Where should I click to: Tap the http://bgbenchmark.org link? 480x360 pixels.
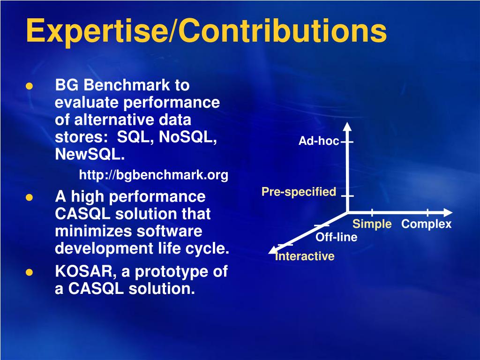(154, 175)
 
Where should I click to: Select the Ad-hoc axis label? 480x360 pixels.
(319, 141)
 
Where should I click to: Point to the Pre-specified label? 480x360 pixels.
(299, 192)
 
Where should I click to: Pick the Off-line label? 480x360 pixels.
(337, 237)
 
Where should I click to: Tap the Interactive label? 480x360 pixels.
(305, 256)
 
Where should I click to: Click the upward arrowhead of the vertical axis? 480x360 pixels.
(347, 127)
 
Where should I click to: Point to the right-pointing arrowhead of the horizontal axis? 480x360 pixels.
(448, 212)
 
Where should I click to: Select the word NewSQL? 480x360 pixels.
(90, 154)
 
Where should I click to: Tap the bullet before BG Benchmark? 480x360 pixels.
(30, 86)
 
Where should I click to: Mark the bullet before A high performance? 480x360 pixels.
(30, 197)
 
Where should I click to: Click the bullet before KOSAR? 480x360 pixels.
(30, 272)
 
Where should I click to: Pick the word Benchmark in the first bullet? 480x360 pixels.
(127, 85)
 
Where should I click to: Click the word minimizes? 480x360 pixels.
(94, 231)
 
